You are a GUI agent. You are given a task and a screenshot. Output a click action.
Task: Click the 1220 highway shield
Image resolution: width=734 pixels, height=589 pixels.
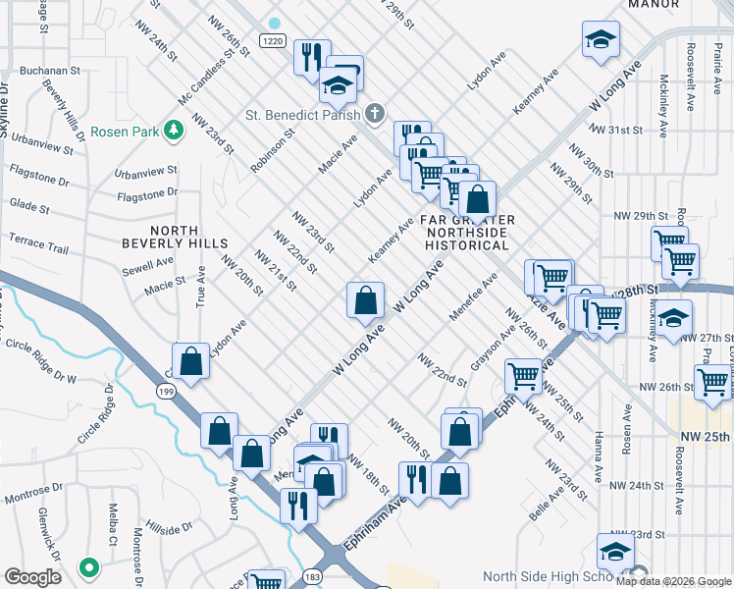(x=274, y=39)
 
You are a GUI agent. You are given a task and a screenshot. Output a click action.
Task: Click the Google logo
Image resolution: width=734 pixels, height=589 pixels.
(x=32, y=577)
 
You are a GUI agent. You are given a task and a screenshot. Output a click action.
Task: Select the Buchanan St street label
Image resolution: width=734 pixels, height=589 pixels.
(x=46, y=71)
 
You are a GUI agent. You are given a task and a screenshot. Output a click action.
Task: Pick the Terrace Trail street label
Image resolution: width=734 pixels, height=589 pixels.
(x=38, y=243)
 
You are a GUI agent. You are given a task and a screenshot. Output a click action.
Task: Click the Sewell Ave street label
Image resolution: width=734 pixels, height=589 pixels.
(x=148, y=265)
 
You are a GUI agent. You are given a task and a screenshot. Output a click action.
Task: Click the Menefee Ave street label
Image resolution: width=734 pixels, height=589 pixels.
(x=473, y=296)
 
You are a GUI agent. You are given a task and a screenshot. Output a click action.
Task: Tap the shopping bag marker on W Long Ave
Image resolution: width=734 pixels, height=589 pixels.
(x=365, y=299)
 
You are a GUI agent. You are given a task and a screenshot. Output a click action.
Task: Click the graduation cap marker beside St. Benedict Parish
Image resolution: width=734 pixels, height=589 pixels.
(x=338, y=85)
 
